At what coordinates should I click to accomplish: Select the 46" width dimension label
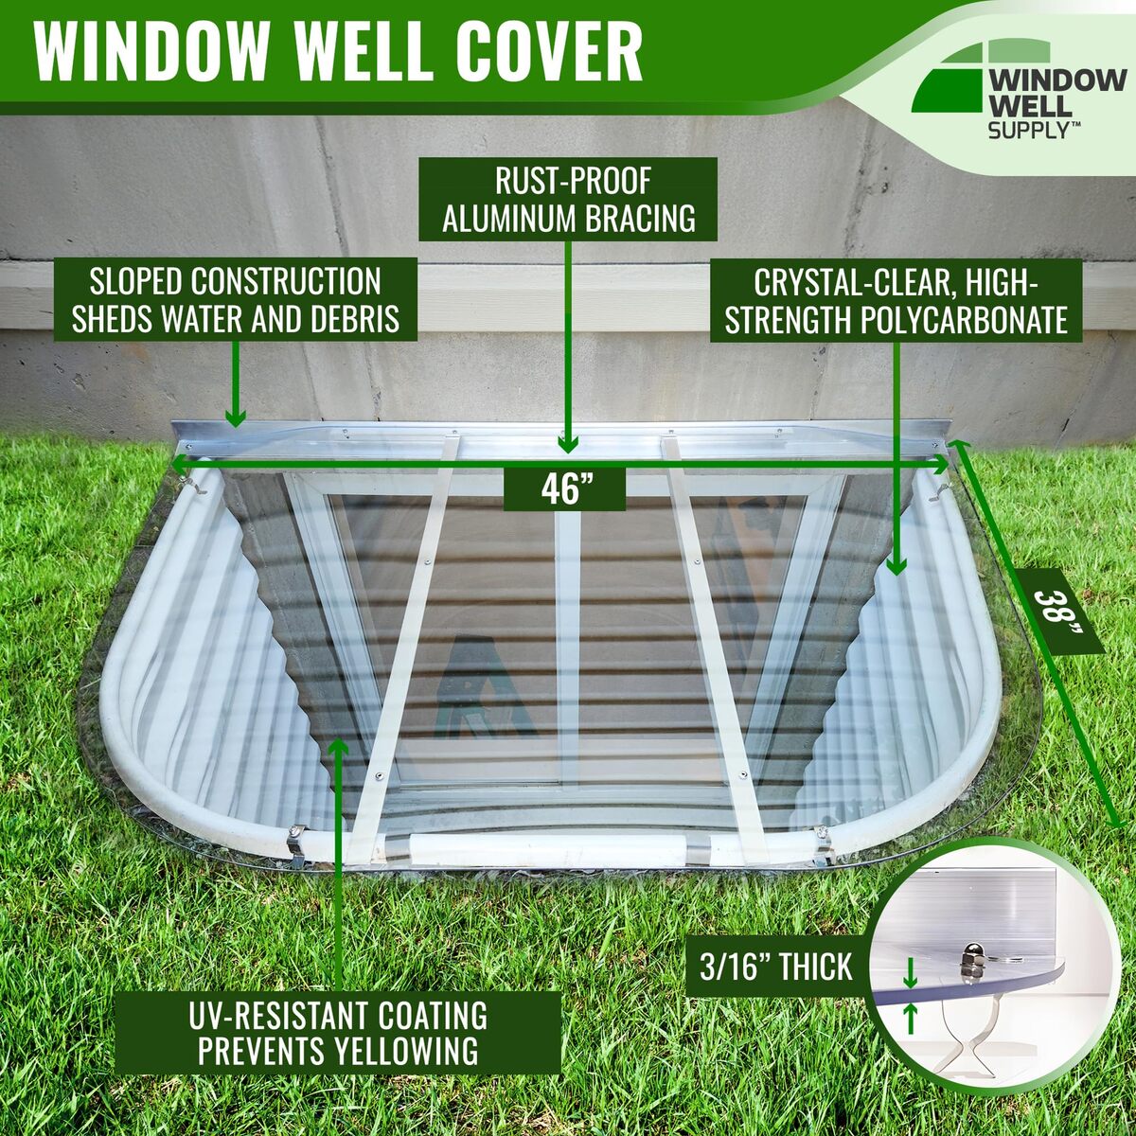point(564,490)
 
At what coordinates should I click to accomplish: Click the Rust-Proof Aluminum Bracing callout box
point(568,201)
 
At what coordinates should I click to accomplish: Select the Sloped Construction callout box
point(236,299)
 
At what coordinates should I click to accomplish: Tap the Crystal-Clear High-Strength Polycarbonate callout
point(896,300)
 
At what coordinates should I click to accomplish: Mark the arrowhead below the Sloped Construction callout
point(235,417)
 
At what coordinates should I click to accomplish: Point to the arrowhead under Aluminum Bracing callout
point(567,442)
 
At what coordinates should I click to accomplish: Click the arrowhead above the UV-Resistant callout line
point(338,748)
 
